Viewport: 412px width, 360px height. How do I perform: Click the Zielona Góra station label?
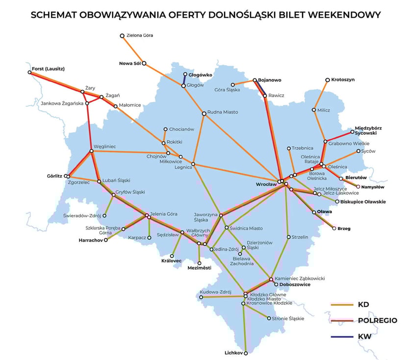(x=140, y=36)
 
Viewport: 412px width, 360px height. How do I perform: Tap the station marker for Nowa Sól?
(x=144, y=63)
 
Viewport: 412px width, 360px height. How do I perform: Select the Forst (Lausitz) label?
(x=48, y=69)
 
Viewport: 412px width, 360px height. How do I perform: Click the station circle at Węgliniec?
(x=92, y=151)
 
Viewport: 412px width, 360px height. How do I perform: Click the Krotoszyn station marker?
(x=327, y=79)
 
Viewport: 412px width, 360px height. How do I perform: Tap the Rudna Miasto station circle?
(x=204, y=114)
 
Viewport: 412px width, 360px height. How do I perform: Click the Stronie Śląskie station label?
(x=288, y=318)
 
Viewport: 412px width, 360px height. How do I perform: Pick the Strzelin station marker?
(x=288, y=237)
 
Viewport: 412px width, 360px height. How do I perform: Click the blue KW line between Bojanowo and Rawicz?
(x=260, y=88)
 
